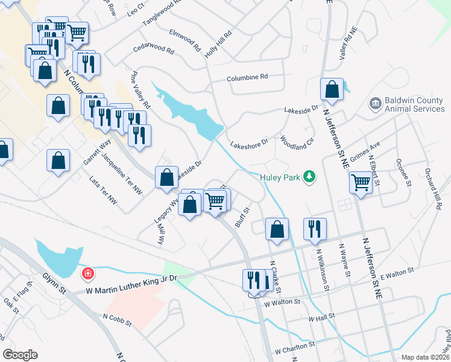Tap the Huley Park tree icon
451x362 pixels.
[310, 176]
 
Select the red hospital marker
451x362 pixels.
[88, 273]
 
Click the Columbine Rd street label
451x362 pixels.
[247, 78]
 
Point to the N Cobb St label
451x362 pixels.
[117, 320]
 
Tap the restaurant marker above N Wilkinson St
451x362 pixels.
[315, 229]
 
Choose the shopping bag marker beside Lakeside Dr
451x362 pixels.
[166, 177]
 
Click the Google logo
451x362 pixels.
[20, 355]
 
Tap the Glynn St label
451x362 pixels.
[54, 282]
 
